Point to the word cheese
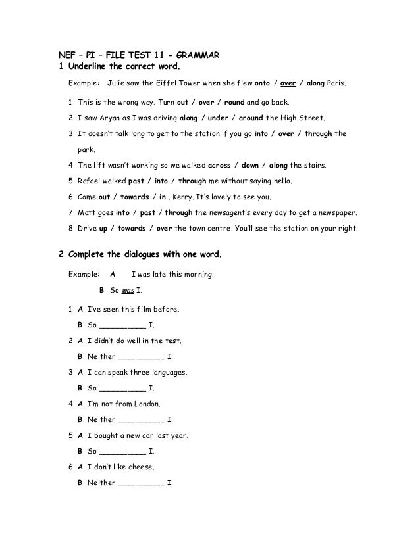coord(140,467)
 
